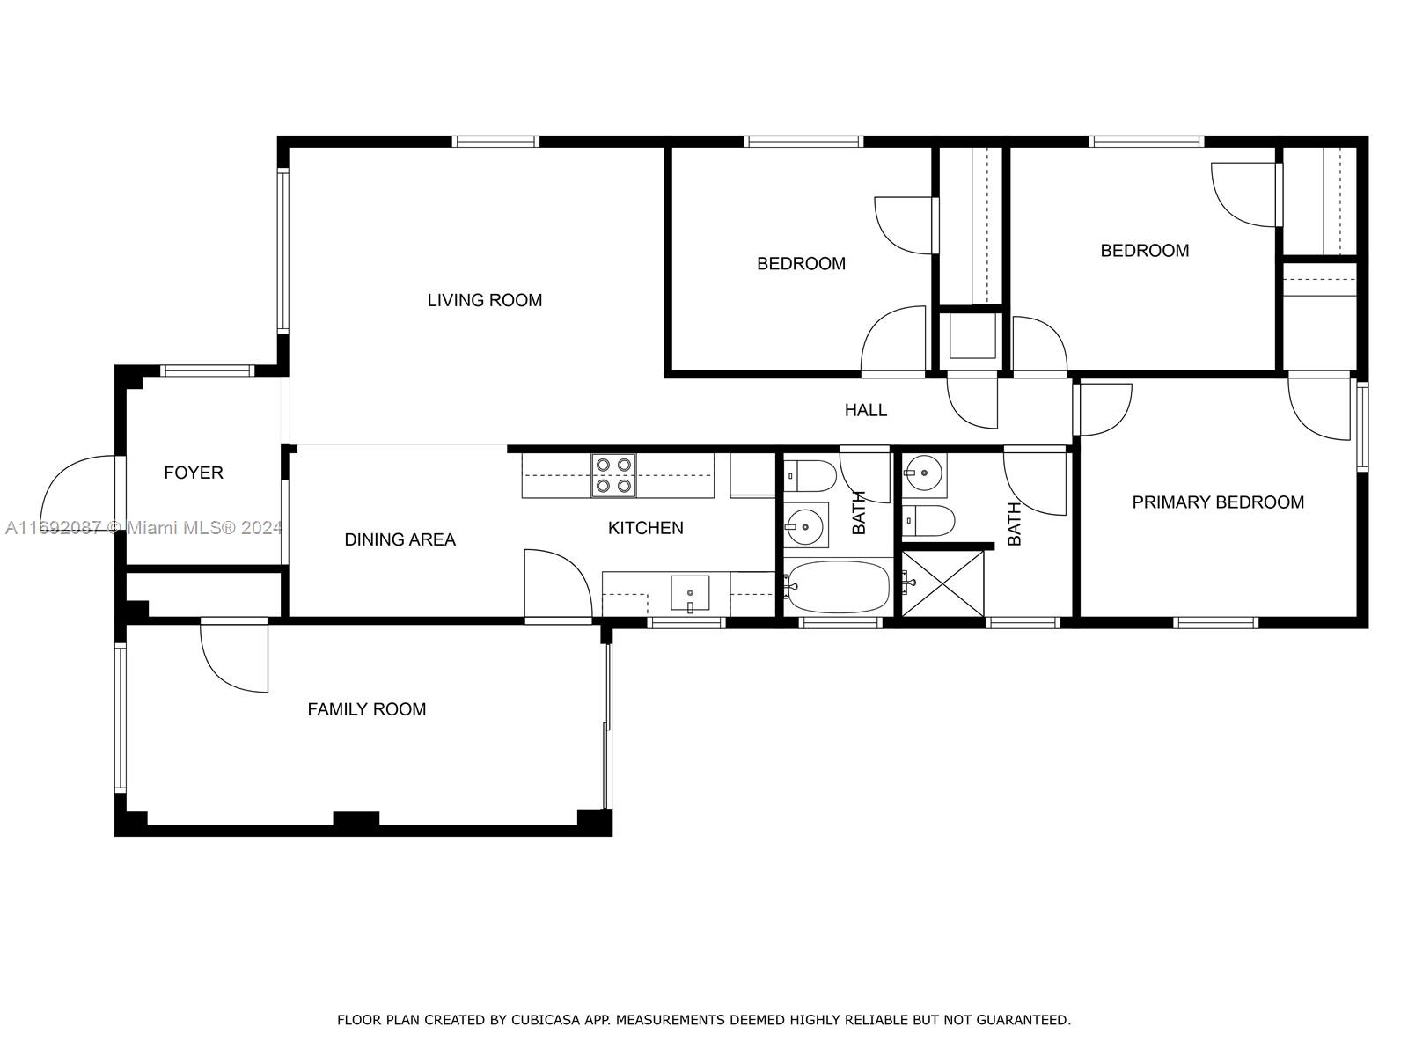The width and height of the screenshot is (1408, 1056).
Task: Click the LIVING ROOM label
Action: click(484, 300)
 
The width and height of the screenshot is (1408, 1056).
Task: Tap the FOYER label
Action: click(193, 473)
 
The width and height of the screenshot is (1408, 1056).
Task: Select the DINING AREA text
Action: click(400, 539)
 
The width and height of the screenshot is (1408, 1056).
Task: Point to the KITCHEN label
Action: click(645, 528)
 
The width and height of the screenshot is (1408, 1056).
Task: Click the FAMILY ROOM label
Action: click(366, 709)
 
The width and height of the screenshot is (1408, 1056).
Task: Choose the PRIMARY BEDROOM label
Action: click(1218, 502)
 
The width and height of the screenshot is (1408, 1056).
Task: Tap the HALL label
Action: click(865, 410)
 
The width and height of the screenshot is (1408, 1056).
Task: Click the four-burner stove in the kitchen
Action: click(614, 475)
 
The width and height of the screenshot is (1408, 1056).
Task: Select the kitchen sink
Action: click(690, 593)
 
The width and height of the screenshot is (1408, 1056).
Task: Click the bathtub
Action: click(838, 587)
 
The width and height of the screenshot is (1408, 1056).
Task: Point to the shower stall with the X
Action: click(942, 583)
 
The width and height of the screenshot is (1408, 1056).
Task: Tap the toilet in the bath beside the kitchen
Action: click(810, 476)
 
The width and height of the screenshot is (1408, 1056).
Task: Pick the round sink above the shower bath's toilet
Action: click(924, 473)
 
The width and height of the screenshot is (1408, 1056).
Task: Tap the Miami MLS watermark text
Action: click(143, 528)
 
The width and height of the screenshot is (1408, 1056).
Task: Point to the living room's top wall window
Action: click(495, 142)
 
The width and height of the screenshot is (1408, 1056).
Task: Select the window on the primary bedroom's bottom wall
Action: click(1215, 622)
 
